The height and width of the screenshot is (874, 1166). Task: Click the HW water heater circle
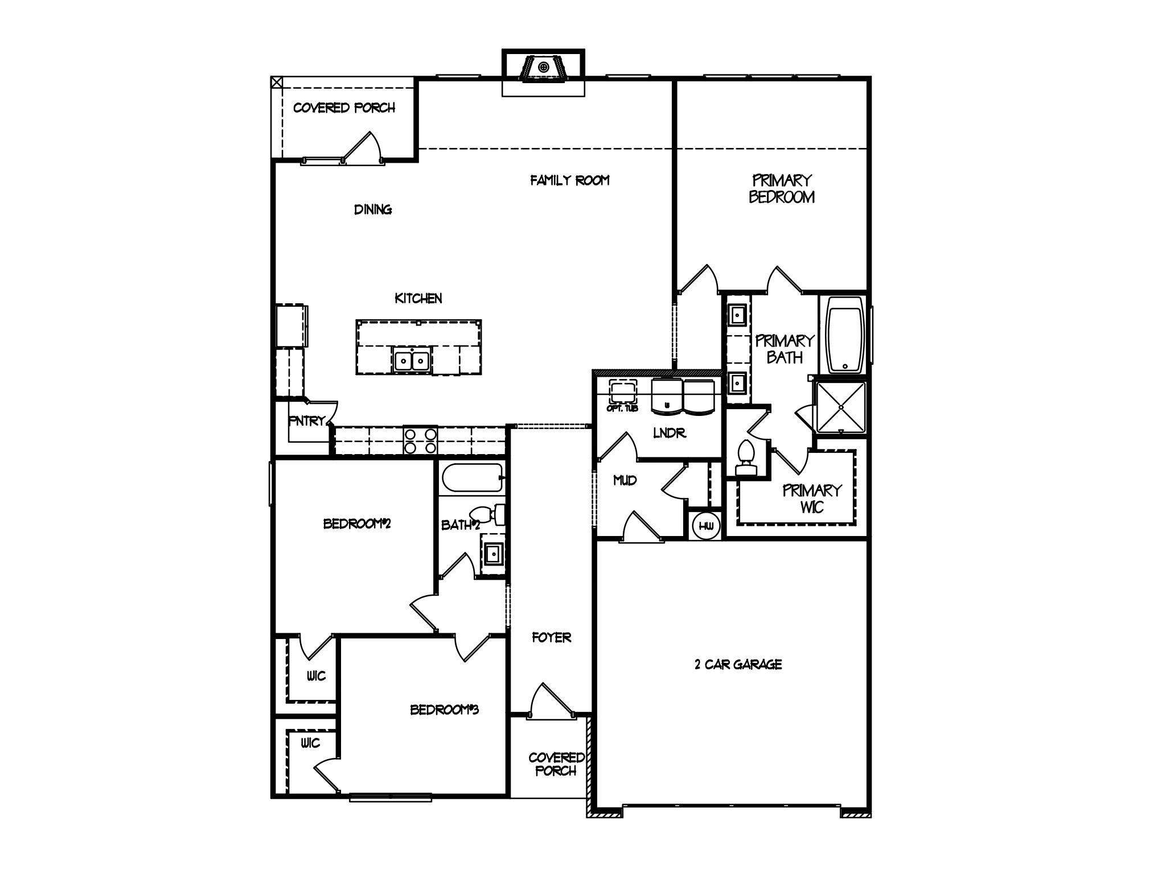[706, 526]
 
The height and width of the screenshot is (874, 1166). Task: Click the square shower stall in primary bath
[841, 407]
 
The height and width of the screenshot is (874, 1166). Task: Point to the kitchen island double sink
[412, 360]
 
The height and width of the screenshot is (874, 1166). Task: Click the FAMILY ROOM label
[570, 181]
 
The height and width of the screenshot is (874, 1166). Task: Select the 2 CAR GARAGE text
[738, 665]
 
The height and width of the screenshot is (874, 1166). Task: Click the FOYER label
[551, 638]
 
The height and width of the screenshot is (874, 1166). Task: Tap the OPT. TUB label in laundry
[622, 409]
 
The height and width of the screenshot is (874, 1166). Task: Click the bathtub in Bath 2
[471, 478]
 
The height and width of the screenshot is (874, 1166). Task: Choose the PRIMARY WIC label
[811, 498]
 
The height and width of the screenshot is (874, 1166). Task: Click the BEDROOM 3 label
[444, 710]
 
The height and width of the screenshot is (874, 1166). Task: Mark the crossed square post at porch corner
[276, 82]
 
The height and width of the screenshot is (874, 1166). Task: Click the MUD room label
[625, 481]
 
